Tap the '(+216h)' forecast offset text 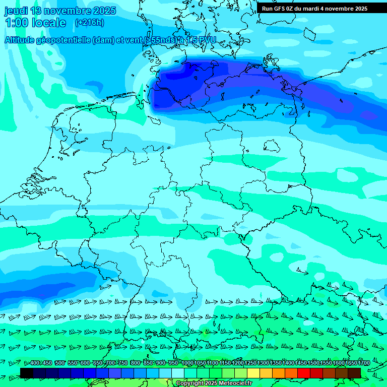point(89,23)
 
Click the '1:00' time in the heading point(16,23)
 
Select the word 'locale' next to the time point(49,23)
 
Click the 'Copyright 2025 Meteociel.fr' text point(214,383)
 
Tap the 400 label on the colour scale point(35,363)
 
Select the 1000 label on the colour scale point(187,363)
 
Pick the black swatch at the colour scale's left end point(27,373)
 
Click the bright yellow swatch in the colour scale point(253,373)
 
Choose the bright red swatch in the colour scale point(304,373)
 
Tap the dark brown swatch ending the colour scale point(354,373)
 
